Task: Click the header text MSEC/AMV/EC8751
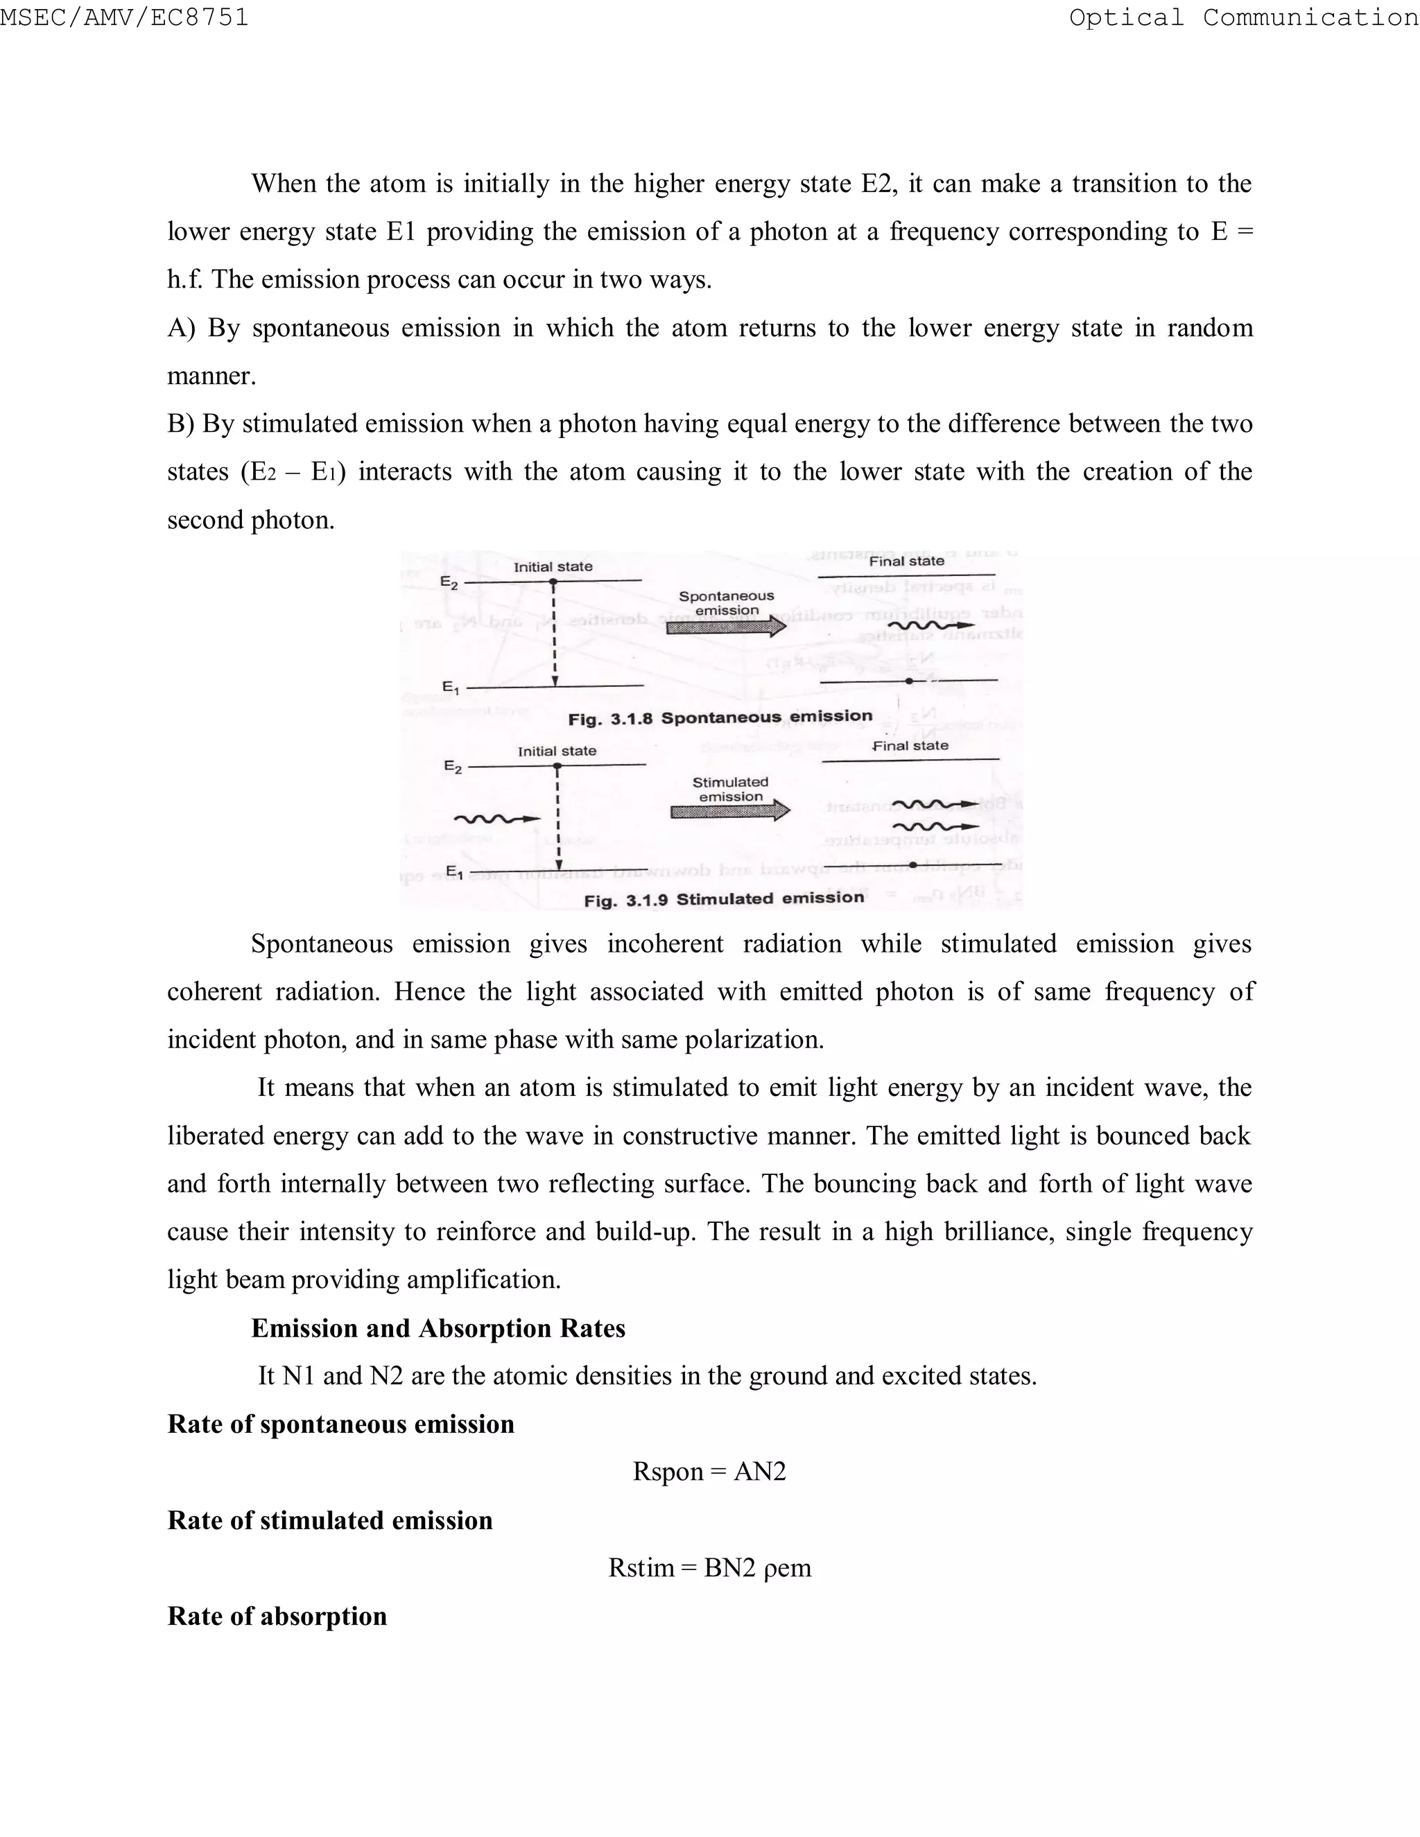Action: (x=125, y=17)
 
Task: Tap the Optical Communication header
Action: (x=1243, y=17)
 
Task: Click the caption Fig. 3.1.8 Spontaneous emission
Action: (x=720, y=717)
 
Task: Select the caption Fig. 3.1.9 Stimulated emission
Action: (x=723, y=899)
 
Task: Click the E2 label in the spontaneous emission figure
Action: (x=449, y=583)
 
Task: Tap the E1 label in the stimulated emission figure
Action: (x=453, y=871)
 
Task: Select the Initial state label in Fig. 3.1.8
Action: (x=553, y=567)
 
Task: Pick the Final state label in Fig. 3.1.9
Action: (x=910, y=745)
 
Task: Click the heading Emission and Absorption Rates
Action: (x=438, y=1328)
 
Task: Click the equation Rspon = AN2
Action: (x=709, y=1471)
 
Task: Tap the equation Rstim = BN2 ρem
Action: (x=709, y=1568)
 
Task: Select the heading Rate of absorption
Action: (x=277, y=1616)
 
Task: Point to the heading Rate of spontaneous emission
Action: (x=340, y=1424)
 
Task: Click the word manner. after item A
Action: (x=211, y=376)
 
